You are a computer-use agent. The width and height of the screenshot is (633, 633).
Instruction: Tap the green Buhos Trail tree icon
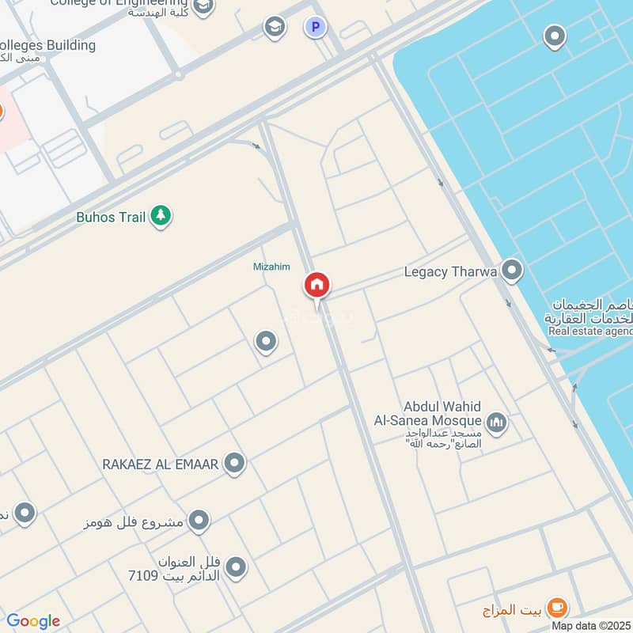click(161, 215)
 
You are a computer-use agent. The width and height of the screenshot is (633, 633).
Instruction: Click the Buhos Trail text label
click(111, 216)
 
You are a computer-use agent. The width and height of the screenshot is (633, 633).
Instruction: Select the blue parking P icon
click(315, 28)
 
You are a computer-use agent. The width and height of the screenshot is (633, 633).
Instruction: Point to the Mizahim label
click(271, 267)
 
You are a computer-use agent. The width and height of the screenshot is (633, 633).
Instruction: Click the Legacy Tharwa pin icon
click(512, 271)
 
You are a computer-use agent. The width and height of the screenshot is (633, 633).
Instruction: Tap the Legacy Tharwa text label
click(450, 272)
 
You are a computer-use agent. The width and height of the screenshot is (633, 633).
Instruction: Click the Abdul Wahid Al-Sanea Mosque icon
click(496, 423)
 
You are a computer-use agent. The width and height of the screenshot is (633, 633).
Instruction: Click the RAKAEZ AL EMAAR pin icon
click(234, 464)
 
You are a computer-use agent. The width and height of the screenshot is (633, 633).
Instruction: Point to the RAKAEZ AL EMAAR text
click(160, 464)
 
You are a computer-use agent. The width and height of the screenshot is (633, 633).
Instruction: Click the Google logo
click(33, 621)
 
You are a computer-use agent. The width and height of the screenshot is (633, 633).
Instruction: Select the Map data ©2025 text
click(591, 626)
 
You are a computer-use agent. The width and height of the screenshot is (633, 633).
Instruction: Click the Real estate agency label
click(590, 331)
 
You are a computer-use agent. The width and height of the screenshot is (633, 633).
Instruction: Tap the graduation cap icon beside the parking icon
click(275, 28)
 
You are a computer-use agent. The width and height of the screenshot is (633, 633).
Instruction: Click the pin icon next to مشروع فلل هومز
click(199, 521)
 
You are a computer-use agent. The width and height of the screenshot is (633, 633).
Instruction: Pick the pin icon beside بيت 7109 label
click(234, 567)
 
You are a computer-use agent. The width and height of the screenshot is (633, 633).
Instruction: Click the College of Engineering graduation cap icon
click(203, 7)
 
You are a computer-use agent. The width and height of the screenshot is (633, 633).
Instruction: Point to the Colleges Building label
click(47, 45)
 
